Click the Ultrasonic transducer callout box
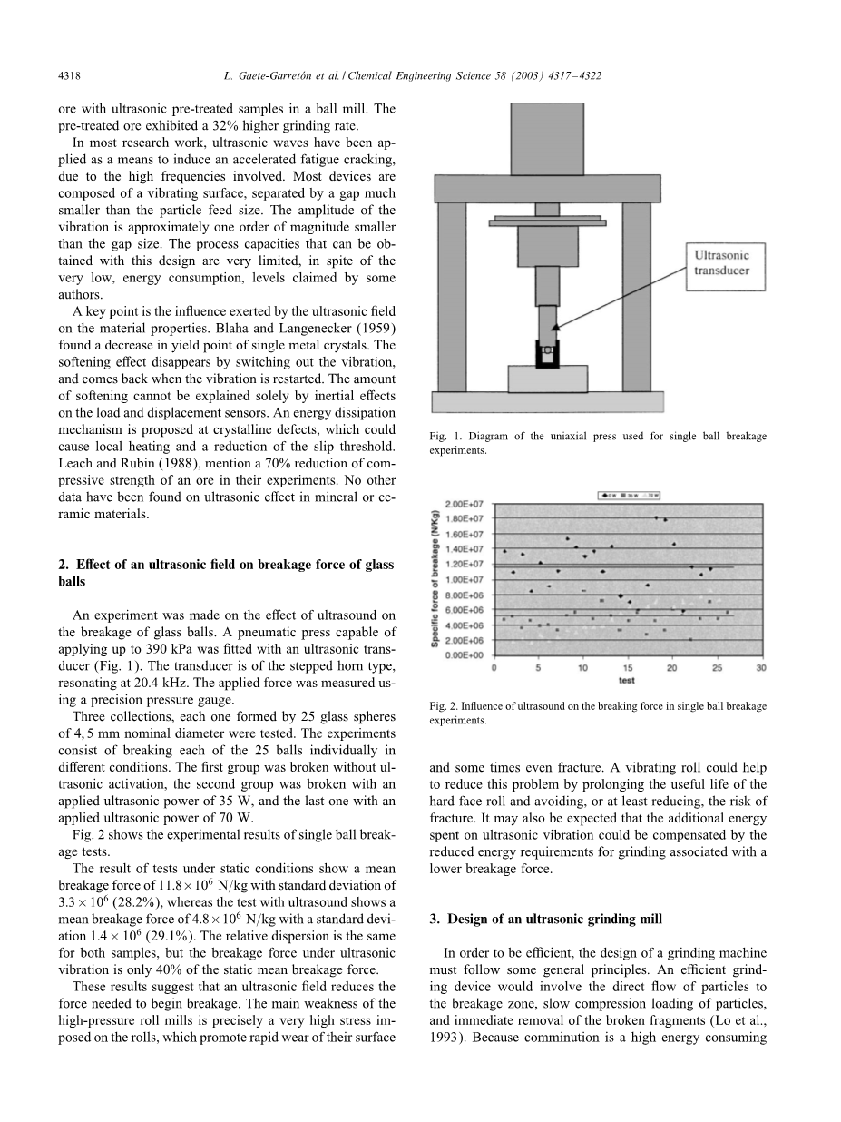pos(722,264)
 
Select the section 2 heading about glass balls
pos(225,573)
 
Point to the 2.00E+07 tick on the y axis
pos(468,504)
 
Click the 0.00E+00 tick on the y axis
pos(468,654)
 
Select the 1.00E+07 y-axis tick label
pos(468,579)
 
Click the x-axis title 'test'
pos(627,681)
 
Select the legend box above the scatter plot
pos(630,495)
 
